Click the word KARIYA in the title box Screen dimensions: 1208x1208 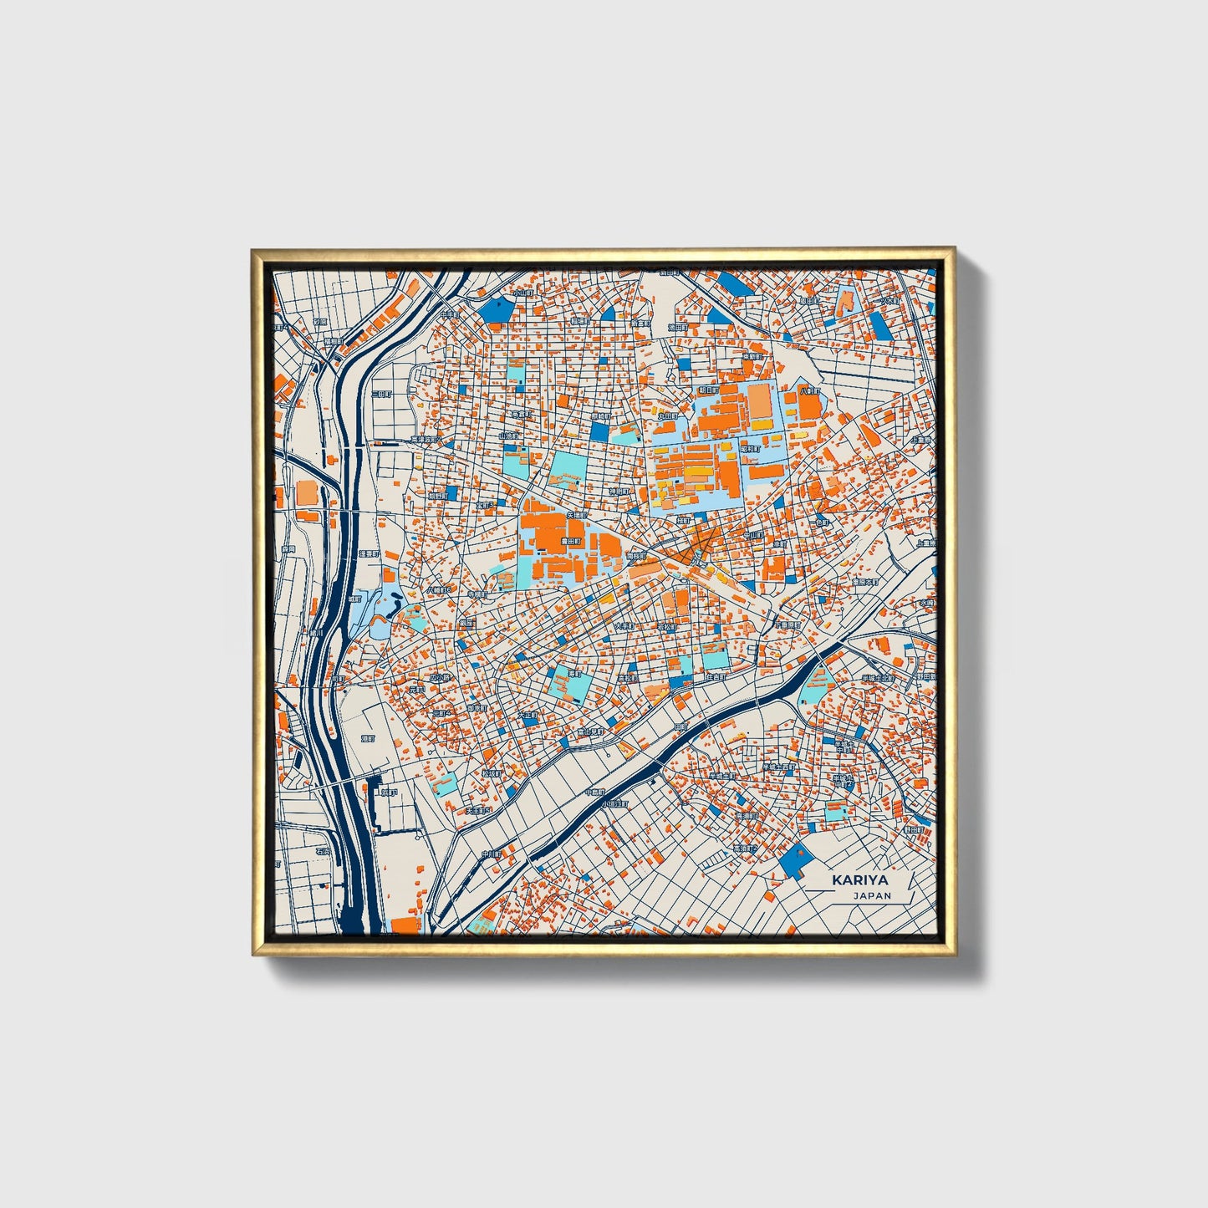[859, 880]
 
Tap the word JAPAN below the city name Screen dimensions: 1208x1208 [872, 895]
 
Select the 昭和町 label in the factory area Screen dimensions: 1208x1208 [751, 449]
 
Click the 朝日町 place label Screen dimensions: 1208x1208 [707, 390]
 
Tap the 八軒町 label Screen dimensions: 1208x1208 [808, 390]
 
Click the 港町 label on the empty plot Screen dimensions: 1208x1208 [368, 739]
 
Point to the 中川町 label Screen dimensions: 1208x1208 [491, 854]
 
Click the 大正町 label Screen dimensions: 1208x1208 [528, 716]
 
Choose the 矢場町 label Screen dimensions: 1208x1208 [576, 516]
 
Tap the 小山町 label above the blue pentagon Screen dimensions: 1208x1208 [522, 293]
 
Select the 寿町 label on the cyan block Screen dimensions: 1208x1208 [574, 673]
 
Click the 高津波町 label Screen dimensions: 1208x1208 [425, 440]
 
